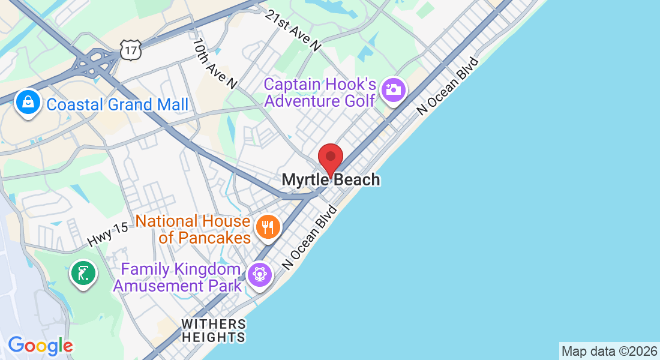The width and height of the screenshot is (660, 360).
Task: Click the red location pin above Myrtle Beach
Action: click(330, 158)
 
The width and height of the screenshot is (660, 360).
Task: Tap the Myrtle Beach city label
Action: click(331, 179)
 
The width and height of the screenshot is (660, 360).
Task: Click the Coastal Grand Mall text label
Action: click(118, 104)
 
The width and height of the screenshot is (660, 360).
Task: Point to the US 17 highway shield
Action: click(130, 50)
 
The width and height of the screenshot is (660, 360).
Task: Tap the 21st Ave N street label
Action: click(294, 29)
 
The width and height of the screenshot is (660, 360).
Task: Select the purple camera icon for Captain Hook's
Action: click(394, 91)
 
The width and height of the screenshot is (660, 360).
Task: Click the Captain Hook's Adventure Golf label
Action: click(320, 92)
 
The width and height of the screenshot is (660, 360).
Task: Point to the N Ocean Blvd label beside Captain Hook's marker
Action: click(448, 86)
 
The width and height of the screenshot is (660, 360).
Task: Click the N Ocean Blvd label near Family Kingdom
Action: click(311, 237)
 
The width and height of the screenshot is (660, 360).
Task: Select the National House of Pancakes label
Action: click(193, 229)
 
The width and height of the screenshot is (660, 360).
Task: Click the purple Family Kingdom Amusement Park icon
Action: click(260, 275)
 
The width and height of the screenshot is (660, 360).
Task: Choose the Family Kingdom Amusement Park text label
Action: click(178, 277)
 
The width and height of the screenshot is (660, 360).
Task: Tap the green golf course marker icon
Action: click(83, 273)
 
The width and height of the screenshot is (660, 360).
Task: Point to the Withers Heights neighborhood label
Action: click(214, 331)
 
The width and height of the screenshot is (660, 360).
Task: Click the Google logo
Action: click(40, 346)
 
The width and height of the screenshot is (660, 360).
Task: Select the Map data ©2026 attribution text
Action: click(608, 351)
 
